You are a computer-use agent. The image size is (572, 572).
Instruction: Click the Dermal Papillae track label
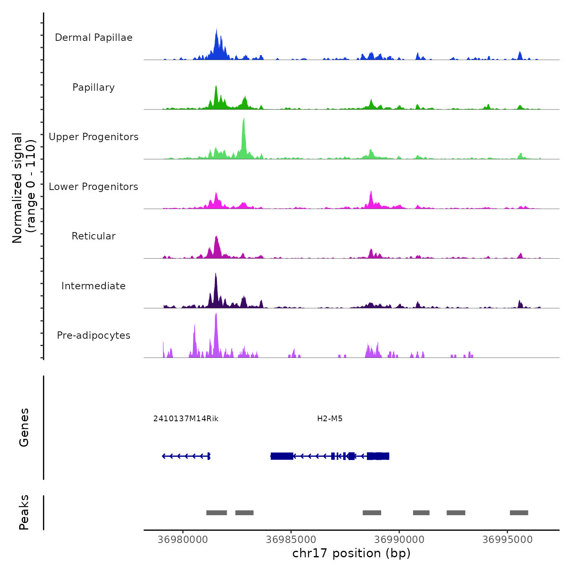click(94, 38)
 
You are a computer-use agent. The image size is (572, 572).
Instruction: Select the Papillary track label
click(94, 87)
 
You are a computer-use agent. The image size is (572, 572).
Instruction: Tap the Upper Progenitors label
click(94, 137)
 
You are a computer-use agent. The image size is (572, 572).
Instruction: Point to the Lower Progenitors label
click(94, 187)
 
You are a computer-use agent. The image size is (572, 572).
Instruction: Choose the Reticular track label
click(94, 236)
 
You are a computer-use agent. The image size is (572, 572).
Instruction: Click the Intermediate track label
click(94, 286)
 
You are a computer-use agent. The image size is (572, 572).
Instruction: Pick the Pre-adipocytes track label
click(94, 335)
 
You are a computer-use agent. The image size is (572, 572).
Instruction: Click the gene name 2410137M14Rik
click(186, 419)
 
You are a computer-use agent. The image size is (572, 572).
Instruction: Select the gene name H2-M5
click(330, 419)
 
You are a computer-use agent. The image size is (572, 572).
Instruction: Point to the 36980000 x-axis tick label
click(183, 540)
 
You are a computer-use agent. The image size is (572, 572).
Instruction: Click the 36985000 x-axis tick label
click(291, 540)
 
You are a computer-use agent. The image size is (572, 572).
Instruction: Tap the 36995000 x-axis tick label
click(507, 540)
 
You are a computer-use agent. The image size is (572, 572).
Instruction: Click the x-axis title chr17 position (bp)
click(351, 553)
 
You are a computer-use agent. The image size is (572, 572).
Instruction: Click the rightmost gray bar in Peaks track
click(519, 513)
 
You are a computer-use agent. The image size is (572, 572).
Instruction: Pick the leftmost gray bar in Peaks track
click(217, 513)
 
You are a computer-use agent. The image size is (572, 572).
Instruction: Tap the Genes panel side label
click(24, 427)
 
